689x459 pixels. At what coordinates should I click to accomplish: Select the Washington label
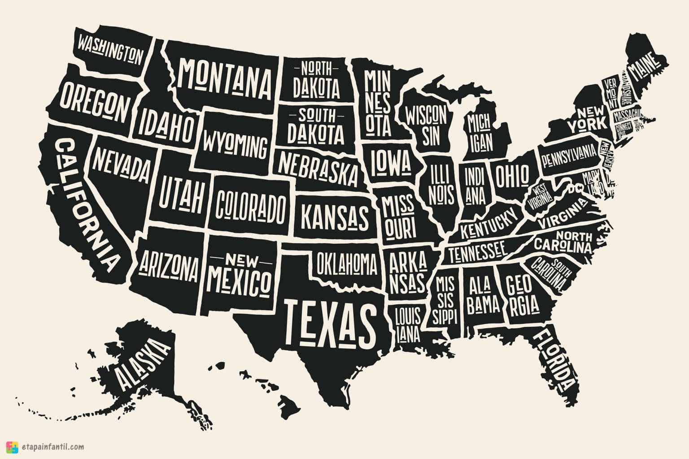pos(110,50)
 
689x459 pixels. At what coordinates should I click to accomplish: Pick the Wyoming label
pos(234,144)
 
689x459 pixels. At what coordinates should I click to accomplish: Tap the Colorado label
pos(250,206)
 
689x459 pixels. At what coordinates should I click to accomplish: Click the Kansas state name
pos(334,216)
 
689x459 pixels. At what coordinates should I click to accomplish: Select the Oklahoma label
pos(347,263)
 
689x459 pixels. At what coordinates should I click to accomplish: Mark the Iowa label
pos(390,163)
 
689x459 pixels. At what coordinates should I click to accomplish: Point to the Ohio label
pos(512,175)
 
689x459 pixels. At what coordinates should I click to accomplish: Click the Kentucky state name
pos(489,224)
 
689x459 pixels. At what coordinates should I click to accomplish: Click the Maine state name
pos(645,66)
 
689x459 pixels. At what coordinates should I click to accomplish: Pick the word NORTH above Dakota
pos(316,69)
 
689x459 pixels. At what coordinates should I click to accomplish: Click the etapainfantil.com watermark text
pos(52,446)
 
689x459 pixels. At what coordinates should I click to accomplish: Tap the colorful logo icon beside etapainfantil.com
pos(13,447)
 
